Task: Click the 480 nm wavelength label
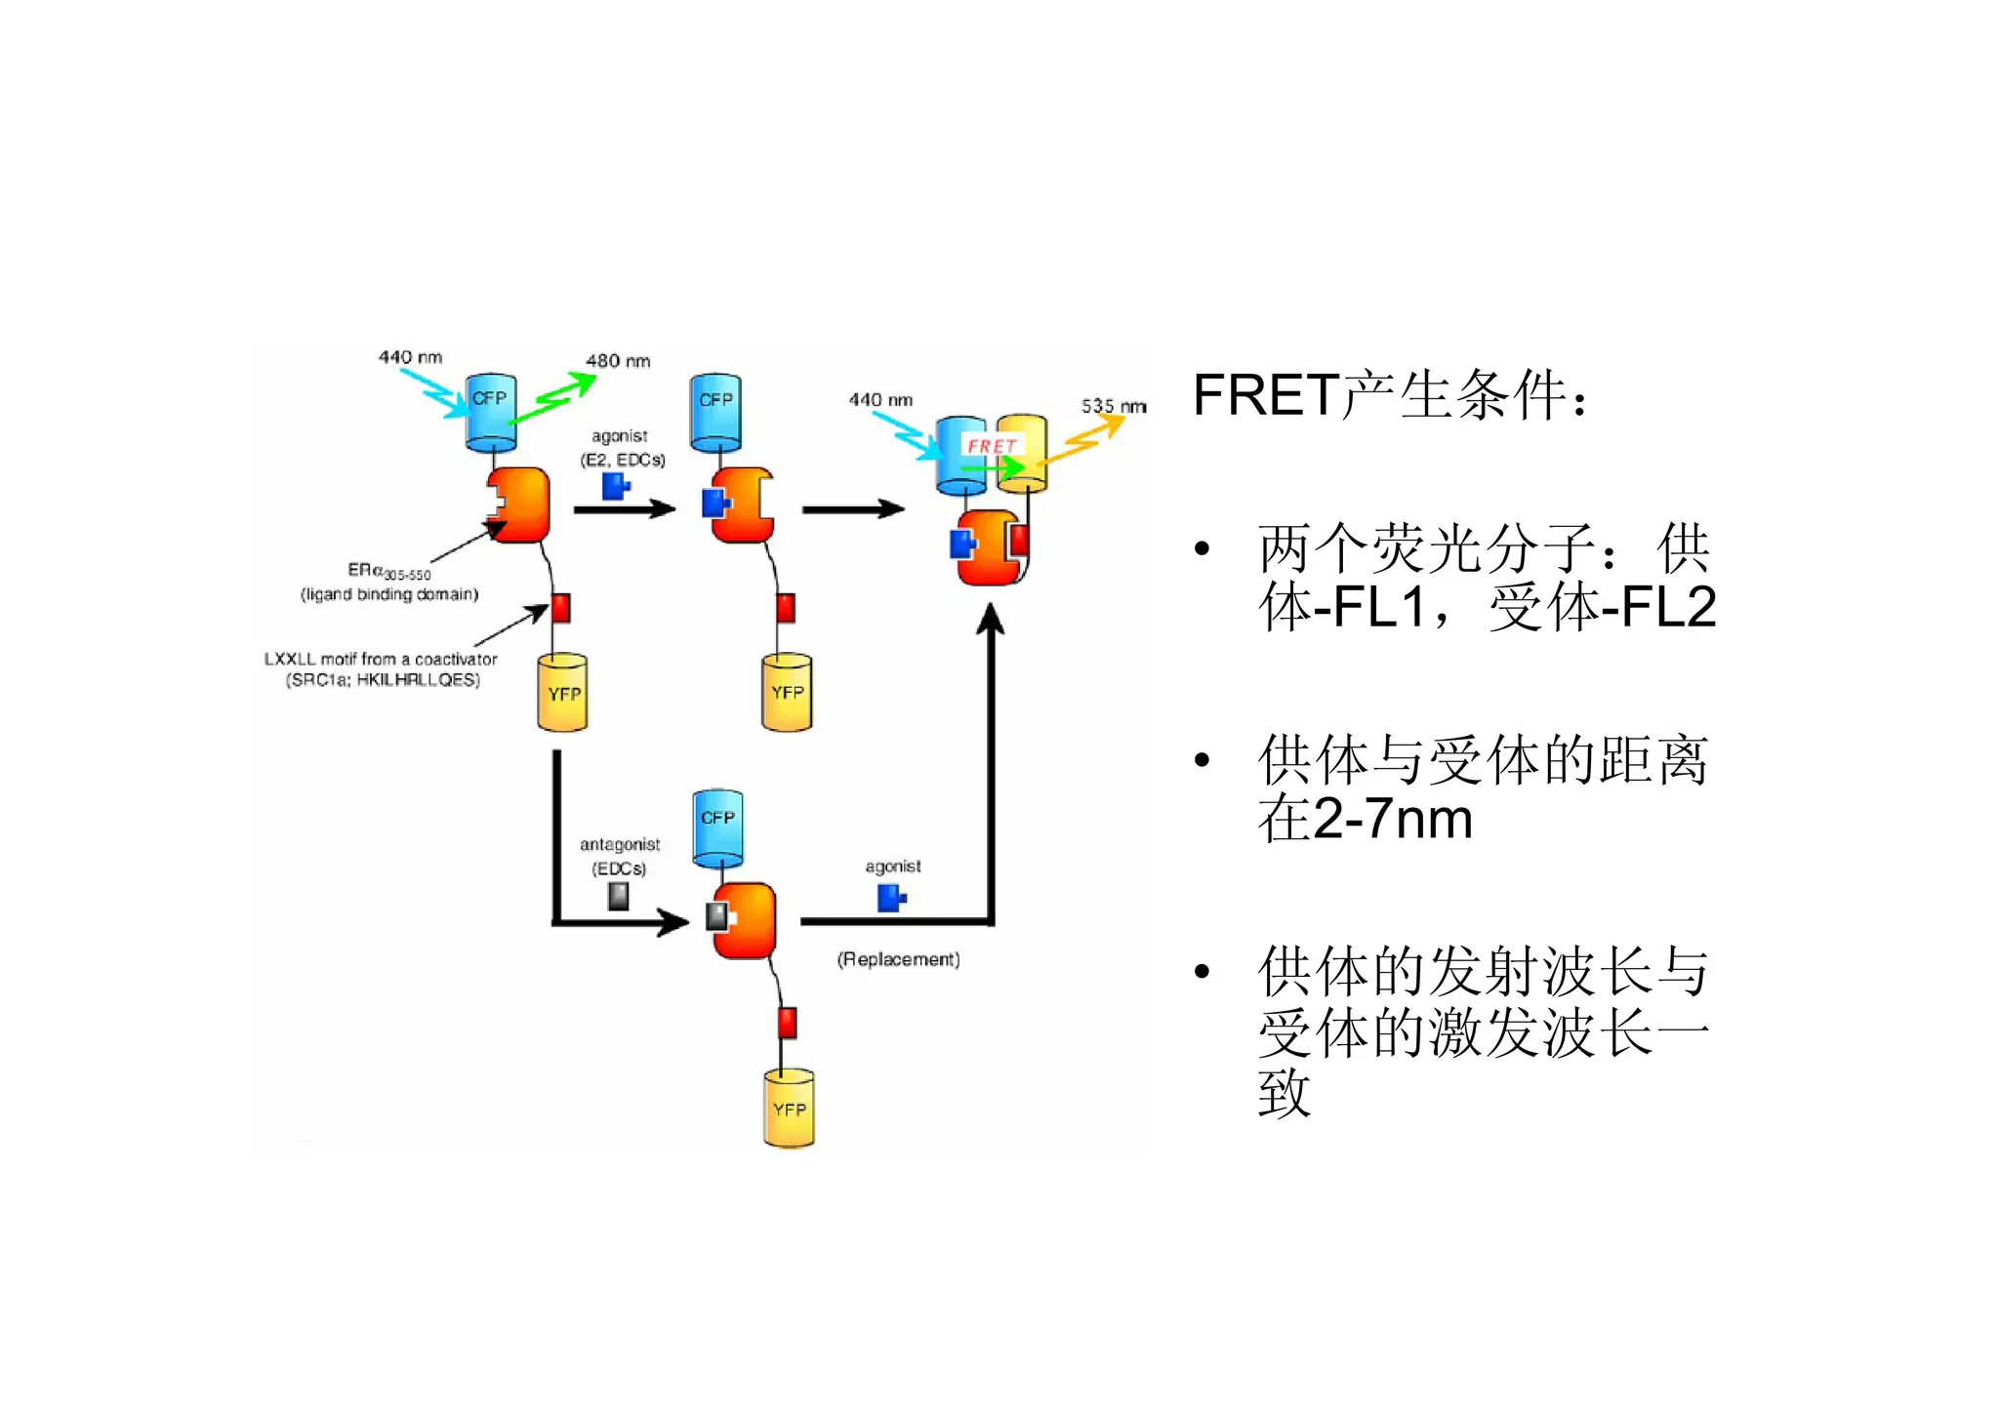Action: coord(618,361)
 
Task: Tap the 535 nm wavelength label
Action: coord(1114,406)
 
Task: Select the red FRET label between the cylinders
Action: coord(992,446)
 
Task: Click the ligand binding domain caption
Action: coord(389,594)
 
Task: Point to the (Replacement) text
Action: coord(898,959)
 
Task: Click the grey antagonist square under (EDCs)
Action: coord(619,896)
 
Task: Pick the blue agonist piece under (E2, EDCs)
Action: coord(615,486)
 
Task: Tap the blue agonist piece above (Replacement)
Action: coord(891,898)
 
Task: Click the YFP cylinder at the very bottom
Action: coord(789,1109)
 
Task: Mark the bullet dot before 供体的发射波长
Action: coord(1202,971)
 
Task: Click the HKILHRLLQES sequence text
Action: coord(418,680)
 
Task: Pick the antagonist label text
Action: coord(620,844)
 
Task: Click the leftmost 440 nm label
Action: coord(410,357)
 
